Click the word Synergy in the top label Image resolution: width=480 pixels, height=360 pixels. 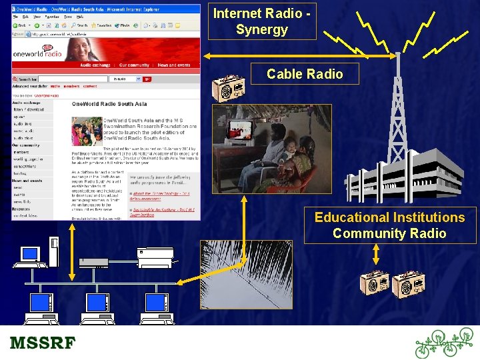(x=261, y=29)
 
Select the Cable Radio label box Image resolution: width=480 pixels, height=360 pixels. (x=305, y=74)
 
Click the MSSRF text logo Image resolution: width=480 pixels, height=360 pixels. (x=43, y=344)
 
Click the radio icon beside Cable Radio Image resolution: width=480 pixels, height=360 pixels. (x=228, y=87)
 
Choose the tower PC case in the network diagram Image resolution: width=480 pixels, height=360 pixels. (x=54, y=252)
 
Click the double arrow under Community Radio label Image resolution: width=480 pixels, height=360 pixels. (x=376, y=254)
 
